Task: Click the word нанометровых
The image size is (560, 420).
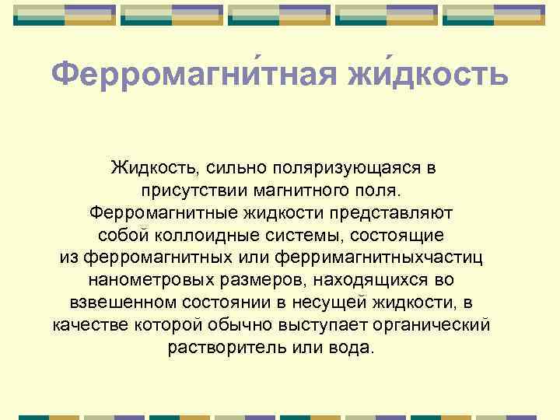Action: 142,280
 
